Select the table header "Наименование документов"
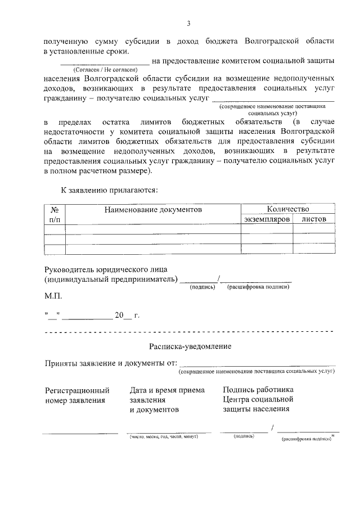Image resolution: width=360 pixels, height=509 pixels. click(152, 209)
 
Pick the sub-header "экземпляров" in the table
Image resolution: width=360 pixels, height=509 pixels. click(267, 219)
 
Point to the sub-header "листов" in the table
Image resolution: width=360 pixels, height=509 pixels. click(314, 219)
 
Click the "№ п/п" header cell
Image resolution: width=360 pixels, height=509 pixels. click(55, 214)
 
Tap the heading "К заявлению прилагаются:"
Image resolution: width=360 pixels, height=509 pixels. click(109, 190)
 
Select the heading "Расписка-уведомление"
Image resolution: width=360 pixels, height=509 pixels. click(190, 347)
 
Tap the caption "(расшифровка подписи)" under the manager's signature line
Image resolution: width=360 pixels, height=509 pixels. click(258, 287)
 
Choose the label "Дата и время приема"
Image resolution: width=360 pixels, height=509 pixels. click(167, 390)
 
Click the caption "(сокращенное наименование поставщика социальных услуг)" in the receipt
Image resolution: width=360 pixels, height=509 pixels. click(256, 372)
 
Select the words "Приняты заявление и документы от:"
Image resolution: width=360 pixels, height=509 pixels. click(111, 363)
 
